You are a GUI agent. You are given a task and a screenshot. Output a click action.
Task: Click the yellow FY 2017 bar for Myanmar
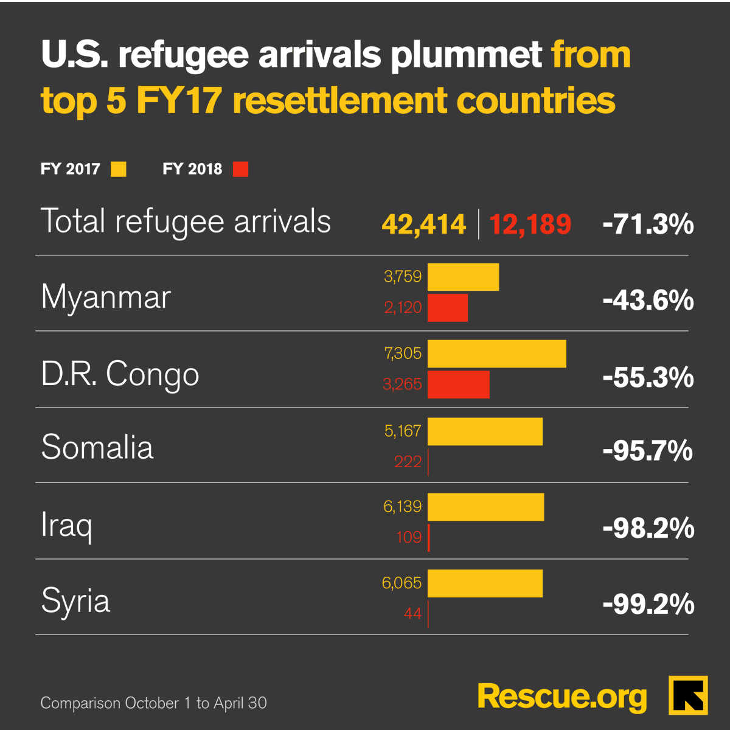pos(463,277)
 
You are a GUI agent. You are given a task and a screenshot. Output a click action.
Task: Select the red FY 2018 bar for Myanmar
pos(447,308)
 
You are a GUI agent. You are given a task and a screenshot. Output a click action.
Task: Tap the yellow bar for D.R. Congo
pos(496,353)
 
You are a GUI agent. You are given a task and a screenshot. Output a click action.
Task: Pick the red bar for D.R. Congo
pos(458,384)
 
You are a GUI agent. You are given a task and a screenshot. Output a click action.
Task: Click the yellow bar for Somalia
pos(485,431)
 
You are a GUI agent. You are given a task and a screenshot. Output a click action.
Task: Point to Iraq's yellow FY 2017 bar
pos(485,507)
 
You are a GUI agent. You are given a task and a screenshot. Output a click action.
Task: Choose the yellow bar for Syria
pos(485,583)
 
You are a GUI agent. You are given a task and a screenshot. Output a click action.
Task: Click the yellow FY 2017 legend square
pos(119,169)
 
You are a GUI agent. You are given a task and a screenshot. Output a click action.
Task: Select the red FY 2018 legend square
pos(241,169)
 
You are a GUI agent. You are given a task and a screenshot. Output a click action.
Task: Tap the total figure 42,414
pos(424,224)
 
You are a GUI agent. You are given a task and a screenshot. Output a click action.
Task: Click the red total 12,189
pos(530,224)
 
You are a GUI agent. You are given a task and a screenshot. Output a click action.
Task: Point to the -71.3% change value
pos(648,224)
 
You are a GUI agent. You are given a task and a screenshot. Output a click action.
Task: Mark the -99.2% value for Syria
pos(648,605)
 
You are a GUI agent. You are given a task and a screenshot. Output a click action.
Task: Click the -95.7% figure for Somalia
pos(648,451)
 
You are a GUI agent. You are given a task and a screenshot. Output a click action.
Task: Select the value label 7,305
pos(403,353)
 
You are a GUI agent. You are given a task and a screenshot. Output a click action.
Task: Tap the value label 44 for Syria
pos(412,614)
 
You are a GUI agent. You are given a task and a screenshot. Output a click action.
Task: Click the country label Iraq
pos(66,524)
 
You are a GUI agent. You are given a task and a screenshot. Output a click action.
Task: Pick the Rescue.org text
pos(562,696)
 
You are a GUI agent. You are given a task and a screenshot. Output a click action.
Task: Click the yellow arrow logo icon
pos(688,695)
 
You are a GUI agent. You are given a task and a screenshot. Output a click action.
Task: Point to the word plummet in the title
pos(466,55)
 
